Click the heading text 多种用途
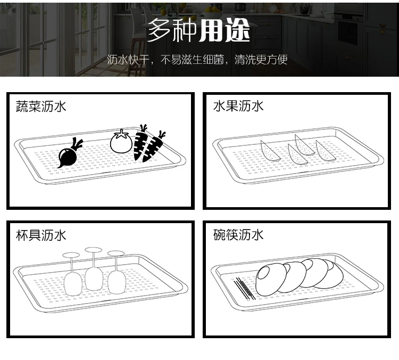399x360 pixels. pos(198,30)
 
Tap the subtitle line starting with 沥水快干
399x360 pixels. pos(197,60)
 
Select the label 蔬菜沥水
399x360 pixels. pos(41,106)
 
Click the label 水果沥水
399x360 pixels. pos(238,106)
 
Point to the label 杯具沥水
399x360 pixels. pos(41,235)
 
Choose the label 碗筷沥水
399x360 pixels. pos(238,235)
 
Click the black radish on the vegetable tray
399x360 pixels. pos(68,156)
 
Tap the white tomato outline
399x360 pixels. pos(121,142)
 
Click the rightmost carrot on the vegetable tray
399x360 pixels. pos(153,148)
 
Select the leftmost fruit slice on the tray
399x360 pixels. pos(269,151)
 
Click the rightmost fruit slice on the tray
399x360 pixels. pos(325,151)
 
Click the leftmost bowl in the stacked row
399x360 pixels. pos(271,280)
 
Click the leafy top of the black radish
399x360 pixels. pos(77,143)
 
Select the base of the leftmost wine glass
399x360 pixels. pos(71,255)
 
